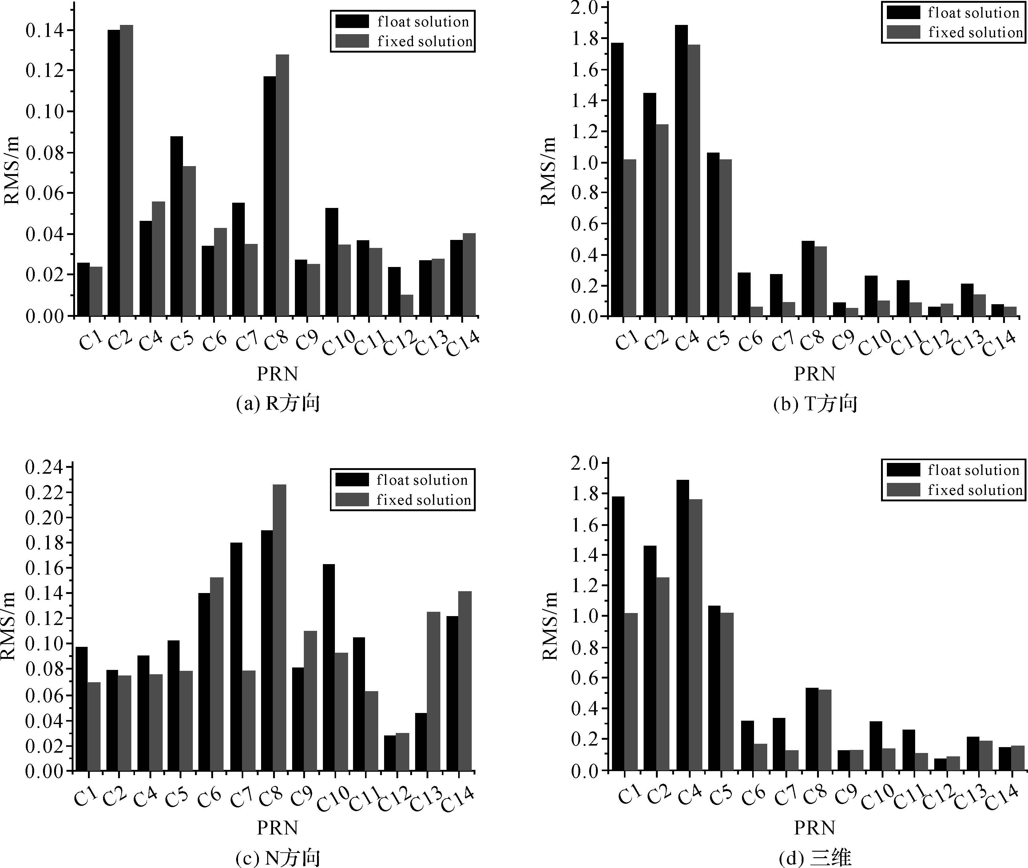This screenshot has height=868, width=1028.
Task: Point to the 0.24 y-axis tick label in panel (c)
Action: click(44, 467)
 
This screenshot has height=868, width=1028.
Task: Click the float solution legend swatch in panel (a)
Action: click(352, 21)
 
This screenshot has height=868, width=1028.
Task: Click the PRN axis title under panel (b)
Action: click(815, 374)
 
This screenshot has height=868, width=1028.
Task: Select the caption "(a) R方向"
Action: click(278, 404)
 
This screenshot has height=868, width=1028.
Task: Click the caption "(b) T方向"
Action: click(815, 404)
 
